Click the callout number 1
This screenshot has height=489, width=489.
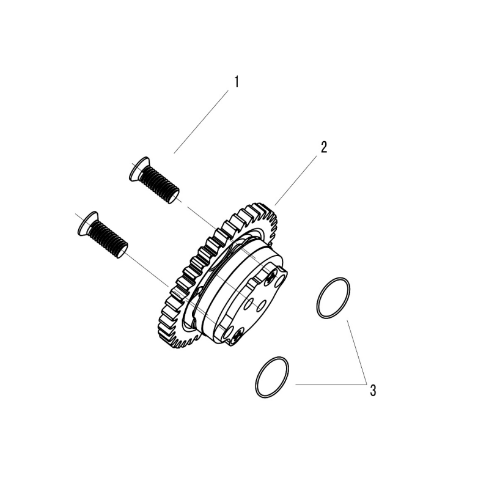[237, 82]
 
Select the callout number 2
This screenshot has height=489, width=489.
[324, 147]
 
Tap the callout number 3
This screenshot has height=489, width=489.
[373, 391]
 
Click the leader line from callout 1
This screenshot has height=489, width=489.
[201, 122]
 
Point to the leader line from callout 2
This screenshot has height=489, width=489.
[296, 180]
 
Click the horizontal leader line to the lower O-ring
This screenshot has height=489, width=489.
[331, 384]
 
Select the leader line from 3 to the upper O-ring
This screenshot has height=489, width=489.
[356, 352]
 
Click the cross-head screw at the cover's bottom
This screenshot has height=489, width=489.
[237, 337]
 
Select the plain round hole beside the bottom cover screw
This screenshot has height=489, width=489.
[229, 331]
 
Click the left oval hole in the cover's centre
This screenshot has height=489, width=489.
[249, 302]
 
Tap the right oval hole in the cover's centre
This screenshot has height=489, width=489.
[262, 306]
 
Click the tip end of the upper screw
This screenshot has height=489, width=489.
[174, 196]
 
